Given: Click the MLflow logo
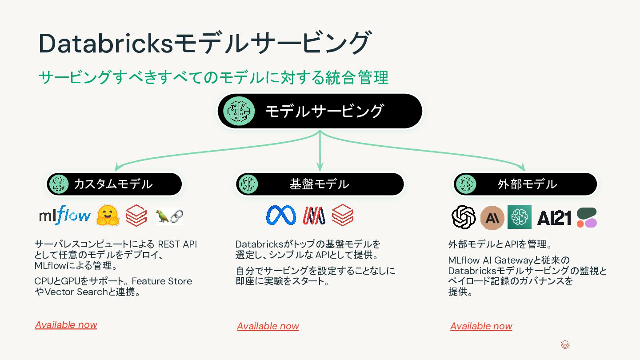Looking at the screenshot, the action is point(65,216).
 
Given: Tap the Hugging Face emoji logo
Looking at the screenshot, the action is point(108,216).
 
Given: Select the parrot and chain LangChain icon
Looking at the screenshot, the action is point(169,216).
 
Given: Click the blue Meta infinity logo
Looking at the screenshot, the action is point(281,216).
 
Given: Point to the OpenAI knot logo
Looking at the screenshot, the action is point(464,217).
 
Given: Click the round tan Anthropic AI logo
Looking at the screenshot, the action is point(492,217).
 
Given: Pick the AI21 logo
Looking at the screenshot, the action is point(554,217).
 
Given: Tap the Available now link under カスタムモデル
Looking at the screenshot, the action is point(66,325).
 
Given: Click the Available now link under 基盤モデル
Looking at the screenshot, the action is point(268,326).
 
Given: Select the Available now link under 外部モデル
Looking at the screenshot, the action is point(481,326).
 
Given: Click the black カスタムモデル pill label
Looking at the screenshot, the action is point(115,184).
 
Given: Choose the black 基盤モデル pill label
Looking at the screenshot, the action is point(320,184).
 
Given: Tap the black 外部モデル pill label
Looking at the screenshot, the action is point(525,184).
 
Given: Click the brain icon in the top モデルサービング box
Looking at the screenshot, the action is point(239,111).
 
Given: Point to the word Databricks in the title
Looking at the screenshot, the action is point(105,44).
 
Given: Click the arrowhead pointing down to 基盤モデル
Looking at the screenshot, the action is point(320,167).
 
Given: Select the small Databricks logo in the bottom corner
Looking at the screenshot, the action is point(565,344).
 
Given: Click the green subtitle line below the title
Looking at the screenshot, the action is point(213,78).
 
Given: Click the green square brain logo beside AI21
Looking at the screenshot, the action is point(520,217).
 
